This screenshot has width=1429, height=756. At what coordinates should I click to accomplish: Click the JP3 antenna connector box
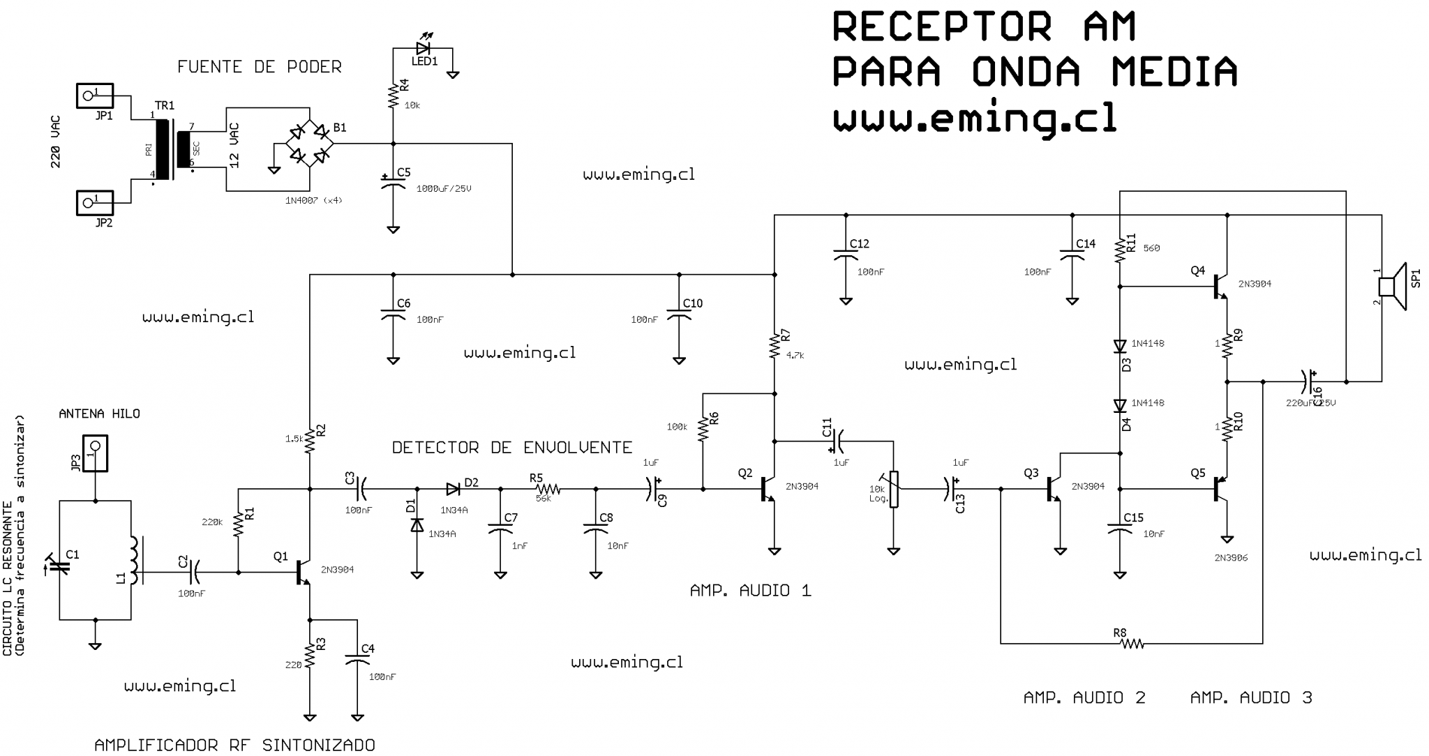tap(95, 453)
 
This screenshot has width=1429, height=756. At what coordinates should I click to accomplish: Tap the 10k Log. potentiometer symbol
tap(894, 489)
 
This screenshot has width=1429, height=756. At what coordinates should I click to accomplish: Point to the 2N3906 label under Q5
tap(1230, 558)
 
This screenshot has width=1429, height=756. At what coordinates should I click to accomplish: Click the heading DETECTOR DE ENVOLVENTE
tap(511, 448)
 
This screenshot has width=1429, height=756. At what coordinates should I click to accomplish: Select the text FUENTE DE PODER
tap(259, 67)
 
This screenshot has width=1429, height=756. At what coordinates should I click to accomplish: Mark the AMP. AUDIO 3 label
tap(1250, 697)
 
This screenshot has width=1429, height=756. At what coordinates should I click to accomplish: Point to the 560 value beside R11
tap(1151, 248)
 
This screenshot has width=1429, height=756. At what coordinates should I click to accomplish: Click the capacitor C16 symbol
tap(1308, 381)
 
